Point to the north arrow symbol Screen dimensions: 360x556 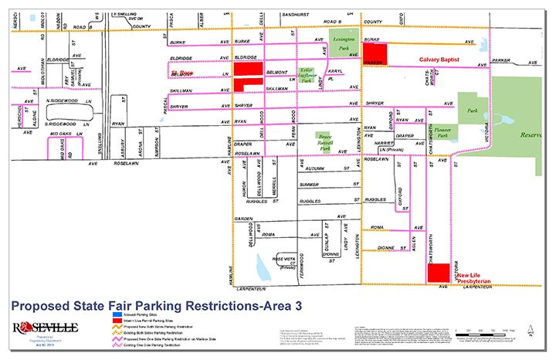[531, 332]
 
